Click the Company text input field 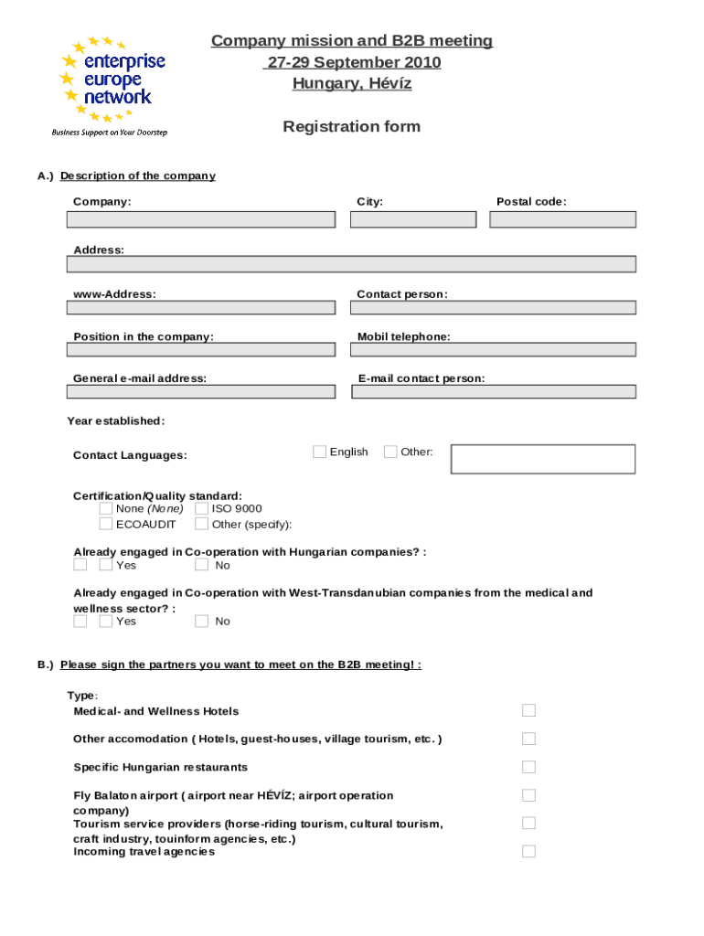pos(201,219)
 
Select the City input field pos(413,219)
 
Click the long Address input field pos(351,264)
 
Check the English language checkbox pos(319,452)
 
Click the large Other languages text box pos(543,459)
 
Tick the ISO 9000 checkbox pos(202,508)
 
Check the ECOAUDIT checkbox pos(106,524)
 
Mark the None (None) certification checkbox pos(106,508)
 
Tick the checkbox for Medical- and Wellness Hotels pos(528,710)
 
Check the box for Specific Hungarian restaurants pos(528,767)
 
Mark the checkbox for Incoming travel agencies pos(528,851)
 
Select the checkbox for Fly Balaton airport pos(528,795)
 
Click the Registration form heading pos(351,126)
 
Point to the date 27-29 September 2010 pos(352,62)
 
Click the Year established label pos(116,421)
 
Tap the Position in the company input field pos(201,349)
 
